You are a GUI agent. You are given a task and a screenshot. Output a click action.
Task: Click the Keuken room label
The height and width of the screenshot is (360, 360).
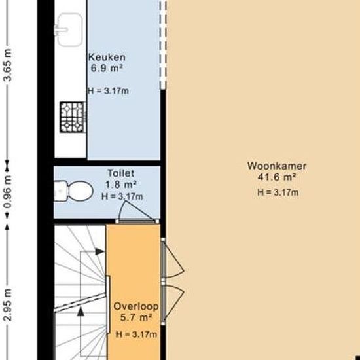pos(107,58)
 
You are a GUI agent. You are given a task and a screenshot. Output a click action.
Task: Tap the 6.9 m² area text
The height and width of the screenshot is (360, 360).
pos(106,68)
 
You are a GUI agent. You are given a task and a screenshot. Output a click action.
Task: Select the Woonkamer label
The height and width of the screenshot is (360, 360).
pos(277,166)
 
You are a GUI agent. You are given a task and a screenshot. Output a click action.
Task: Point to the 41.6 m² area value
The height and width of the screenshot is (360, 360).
pos(276,177)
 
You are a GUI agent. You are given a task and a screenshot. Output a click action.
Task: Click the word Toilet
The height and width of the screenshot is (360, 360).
pos(121,173)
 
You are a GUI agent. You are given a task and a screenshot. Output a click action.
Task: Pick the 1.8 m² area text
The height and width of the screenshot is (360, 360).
pos(121,185)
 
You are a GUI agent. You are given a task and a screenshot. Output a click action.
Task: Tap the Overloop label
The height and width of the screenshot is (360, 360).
pos(136,306)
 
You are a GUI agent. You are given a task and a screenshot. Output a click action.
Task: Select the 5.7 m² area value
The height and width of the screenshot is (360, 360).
pos(136,317)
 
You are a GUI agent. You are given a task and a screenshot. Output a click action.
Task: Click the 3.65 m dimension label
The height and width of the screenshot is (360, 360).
pos(8,65)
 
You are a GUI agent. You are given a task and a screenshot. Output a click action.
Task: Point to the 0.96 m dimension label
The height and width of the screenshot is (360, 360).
pos(8,192)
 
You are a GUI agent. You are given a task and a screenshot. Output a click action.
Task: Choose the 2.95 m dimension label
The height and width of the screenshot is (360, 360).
pos(8,304)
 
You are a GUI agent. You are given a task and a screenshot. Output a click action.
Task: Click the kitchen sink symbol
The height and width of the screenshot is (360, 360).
pos(69,29)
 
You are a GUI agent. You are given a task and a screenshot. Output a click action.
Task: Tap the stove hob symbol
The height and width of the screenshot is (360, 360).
pos(73,117)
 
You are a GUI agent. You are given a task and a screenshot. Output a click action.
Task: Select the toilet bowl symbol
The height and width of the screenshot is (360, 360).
pos(74,191)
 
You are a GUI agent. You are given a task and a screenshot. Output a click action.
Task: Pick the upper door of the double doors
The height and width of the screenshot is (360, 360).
pos(173,260)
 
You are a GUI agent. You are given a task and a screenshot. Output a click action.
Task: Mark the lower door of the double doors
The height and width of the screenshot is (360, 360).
pos(173,303)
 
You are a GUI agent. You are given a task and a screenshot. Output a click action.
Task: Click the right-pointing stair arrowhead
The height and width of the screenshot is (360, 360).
pos(99,251)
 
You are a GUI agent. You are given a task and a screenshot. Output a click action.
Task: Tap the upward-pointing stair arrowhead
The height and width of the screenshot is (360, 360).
pos(81,312)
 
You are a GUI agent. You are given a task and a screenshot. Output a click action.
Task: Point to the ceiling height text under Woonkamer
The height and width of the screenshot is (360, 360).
pos(278,192)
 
